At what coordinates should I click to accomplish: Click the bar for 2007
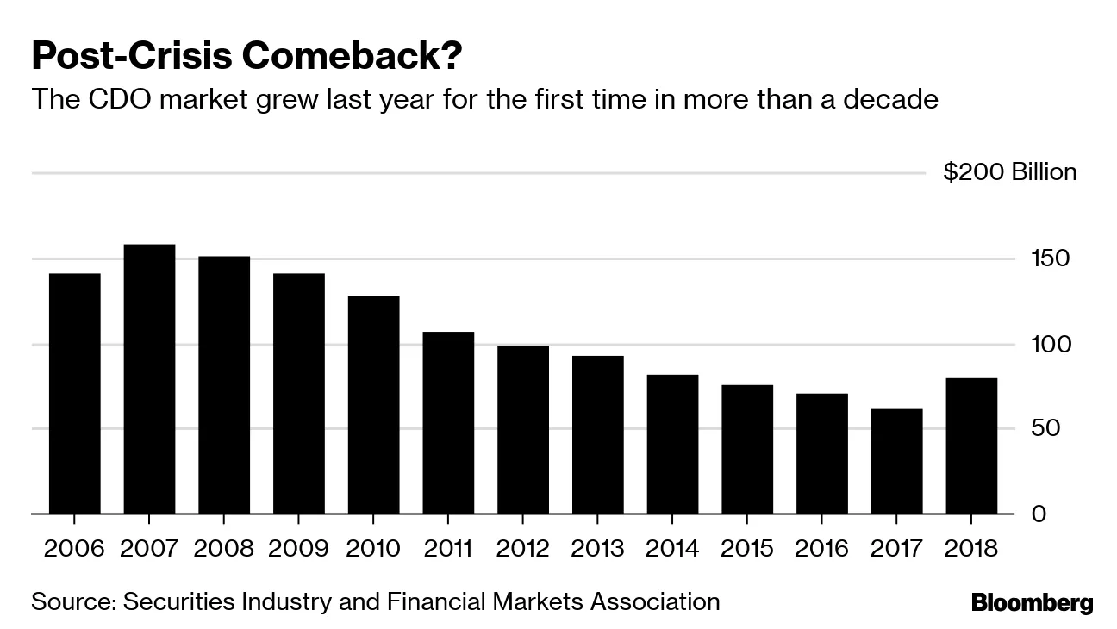(149, 379)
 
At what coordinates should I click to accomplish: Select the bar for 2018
(971, 445)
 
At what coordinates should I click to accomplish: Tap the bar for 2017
(896, 461)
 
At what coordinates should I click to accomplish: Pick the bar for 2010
(373, 404)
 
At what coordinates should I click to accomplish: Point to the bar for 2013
(597, 434)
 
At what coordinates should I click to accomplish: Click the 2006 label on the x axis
(74, 549)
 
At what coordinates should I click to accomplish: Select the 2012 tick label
(522, 549)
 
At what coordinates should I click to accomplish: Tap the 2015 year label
(746, 549)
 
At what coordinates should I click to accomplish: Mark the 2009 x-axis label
(298, 549)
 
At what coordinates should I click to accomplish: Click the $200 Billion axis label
(1009, 172)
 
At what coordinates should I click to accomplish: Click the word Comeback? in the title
(353, 56)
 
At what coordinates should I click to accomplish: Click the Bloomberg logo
(1032, 602)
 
